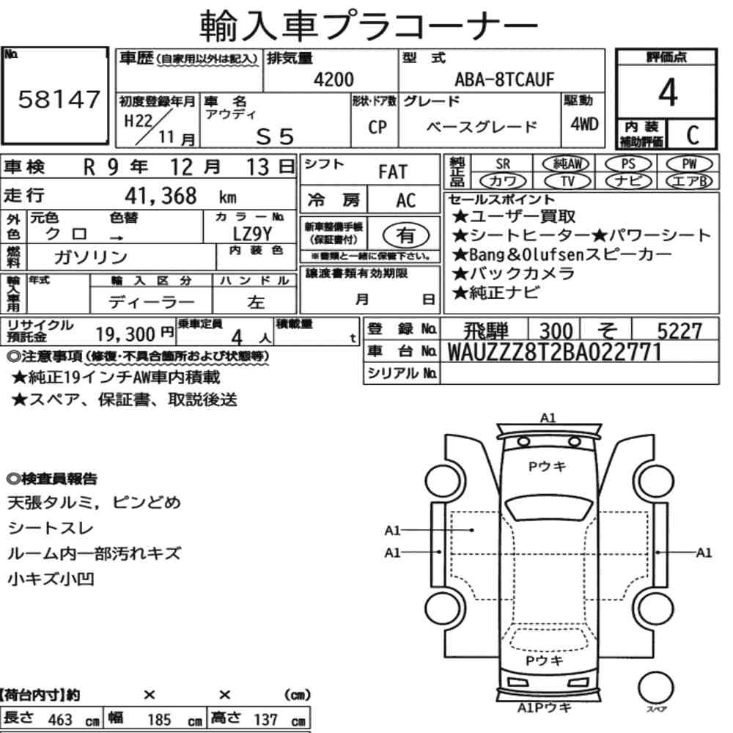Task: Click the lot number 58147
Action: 59,99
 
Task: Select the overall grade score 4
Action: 668,92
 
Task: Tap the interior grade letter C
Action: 693,135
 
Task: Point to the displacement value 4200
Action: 334,79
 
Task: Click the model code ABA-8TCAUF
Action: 504,79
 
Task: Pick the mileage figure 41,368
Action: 161,196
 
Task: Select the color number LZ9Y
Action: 252,234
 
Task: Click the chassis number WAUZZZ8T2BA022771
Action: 554,352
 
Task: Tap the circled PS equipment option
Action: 628,164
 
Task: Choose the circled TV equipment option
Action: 567,181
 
